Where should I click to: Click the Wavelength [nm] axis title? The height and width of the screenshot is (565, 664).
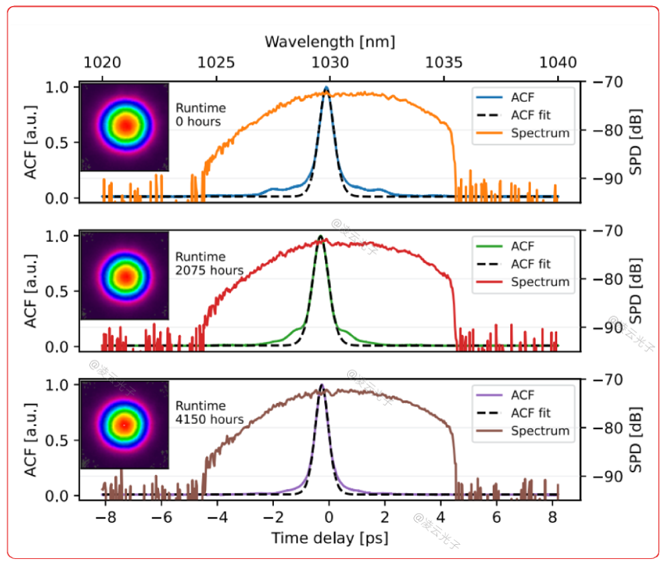pyautogui.click(x=329, y=42)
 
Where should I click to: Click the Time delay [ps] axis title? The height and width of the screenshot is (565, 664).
pyautogui.click(x=329, y=537)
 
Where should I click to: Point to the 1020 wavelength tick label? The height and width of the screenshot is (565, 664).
pyautogui.click(x=101, y=62)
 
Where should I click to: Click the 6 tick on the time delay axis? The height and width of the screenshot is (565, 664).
pyautogui.click(x=496, y=518)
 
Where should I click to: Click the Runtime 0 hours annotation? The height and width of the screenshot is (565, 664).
pyautogui.click(x=200, y=114)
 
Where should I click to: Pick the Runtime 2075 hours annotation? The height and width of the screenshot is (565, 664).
pyautogui.click(x=209, y=263)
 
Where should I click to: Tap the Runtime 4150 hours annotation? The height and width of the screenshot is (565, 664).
pyautogui.click(x=209, y=412)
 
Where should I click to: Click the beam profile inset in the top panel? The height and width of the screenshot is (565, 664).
pyautogui.click(x=124, y=126)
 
